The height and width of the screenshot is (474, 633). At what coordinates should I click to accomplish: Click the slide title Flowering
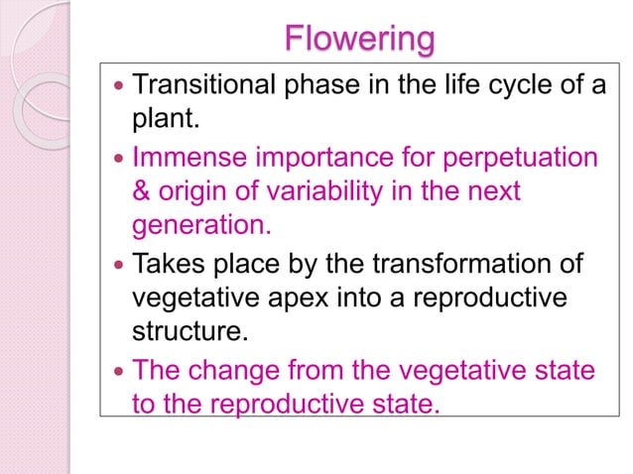(359, 39)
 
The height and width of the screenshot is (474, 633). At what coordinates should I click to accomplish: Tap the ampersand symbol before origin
(143, 191)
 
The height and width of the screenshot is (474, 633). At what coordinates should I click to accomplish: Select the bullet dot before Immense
(118, 158)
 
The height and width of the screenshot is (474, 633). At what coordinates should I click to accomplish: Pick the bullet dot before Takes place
(118, 264)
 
